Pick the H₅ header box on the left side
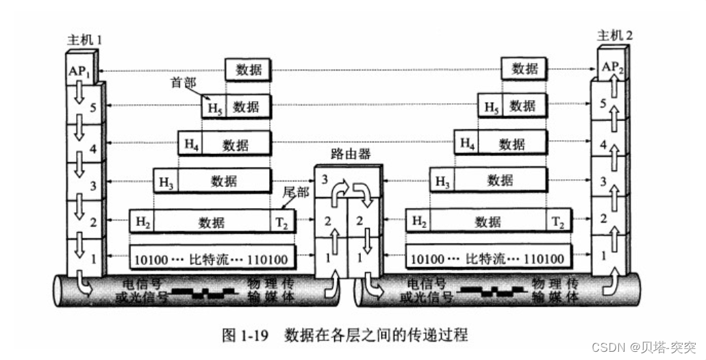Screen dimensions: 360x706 point(214,107)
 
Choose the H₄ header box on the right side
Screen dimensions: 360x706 point(466,144)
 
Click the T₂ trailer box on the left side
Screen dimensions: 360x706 point(282,222)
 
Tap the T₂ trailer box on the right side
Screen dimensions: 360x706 point(558,222)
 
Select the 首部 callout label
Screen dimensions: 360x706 point(183,83)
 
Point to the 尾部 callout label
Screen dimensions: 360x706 point(296,192)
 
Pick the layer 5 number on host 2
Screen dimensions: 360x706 point(603,105)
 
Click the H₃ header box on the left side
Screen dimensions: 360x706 point(165,182)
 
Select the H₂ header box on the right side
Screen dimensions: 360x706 point(418,222)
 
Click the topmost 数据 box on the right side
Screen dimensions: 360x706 point(525,68)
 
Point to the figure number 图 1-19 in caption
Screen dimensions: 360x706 point(247,335)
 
